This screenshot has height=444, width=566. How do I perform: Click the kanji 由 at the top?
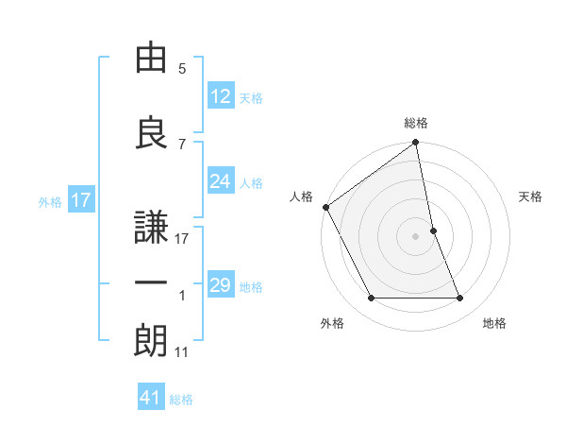[x=150, y=59]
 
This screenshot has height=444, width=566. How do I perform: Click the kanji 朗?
[x=150, y=340]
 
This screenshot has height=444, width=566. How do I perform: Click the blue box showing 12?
[x=221, y=96]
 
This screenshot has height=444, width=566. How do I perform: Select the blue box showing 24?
[x=221, y=181]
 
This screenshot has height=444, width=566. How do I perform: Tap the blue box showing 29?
[x=221, y=285]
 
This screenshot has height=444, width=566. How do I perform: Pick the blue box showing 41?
[x=151, y=399]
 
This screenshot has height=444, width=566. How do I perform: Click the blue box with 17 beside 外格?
[x=80, y=200]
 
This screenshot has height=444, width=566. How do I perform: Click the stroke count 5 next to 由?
[x=182, y=69]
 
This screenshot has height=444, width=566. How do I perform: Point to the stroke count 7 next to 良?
[x=182, y=144]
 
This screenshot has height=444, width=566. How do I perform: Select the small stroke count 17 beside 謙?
[x=182, y=238]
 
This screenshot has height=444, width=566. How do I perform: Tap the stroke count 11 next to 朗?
[x=182, y=352]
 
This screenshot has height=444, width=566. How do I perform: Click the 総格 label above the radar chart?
[x=416, y=123]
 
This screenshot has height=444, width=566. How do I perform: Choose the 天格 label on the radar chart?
[x=531, y=196]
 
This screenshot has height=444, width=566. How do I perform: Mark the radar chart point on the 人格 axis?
[x=325, y=207]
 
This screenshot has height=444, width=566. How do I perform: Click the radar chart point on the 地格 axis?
[x=460, y=299]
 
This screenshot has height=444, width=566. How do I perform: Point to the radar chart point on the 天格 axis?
[x=433, y=231]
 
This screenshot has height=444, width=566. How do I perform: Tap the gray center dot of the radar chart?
[x=416, y=236]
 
